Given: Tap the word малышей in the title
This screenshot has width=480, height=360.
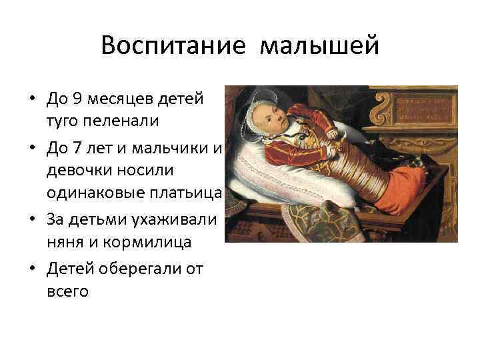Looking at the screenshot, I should [x=319, y=47].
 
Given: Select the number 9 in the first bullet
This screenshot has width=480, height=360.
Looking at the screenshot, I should [x=77, y=99].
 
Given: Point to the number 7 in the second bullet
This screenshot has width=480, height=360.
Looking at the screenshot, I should [x=77, y=148].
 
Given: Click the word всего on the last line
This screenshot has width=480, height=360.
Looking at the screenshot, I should [x=67, y=291].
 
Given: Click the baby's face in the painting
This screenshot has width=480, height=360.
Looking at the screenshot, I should [x=273, y=119].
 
